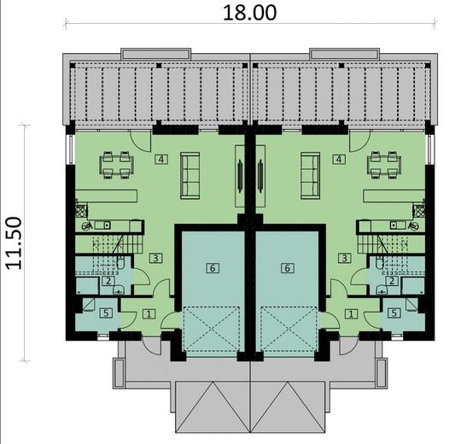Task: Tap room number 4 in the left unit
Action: click(160, 159)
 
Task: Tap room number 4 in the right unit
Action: click(339, 159)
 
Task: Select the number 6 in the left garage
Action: click(213, 267)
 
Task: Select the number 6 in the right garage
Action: click(287, 267)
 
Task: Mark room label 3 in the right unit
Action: click(344, 257)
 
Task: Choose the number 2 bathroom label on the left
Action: click(108, 280)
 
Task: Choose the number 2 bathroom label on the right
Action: click(391, 280)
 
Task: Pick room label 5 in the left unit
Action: click(105, 313)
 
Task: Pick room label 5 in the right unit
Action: click(394, 313)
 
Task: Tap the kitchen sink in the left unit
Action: click(87, 225)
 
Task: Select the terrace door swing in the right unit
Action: click(358, 142)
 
